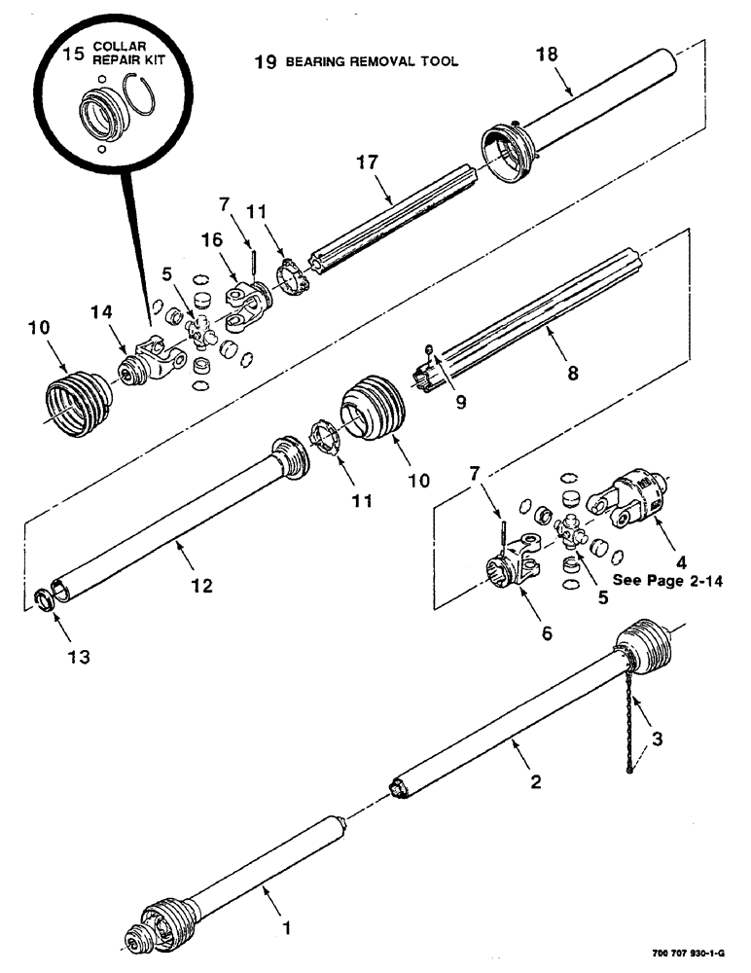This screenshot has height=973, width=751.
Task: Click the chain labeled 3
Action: point(633,720)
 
